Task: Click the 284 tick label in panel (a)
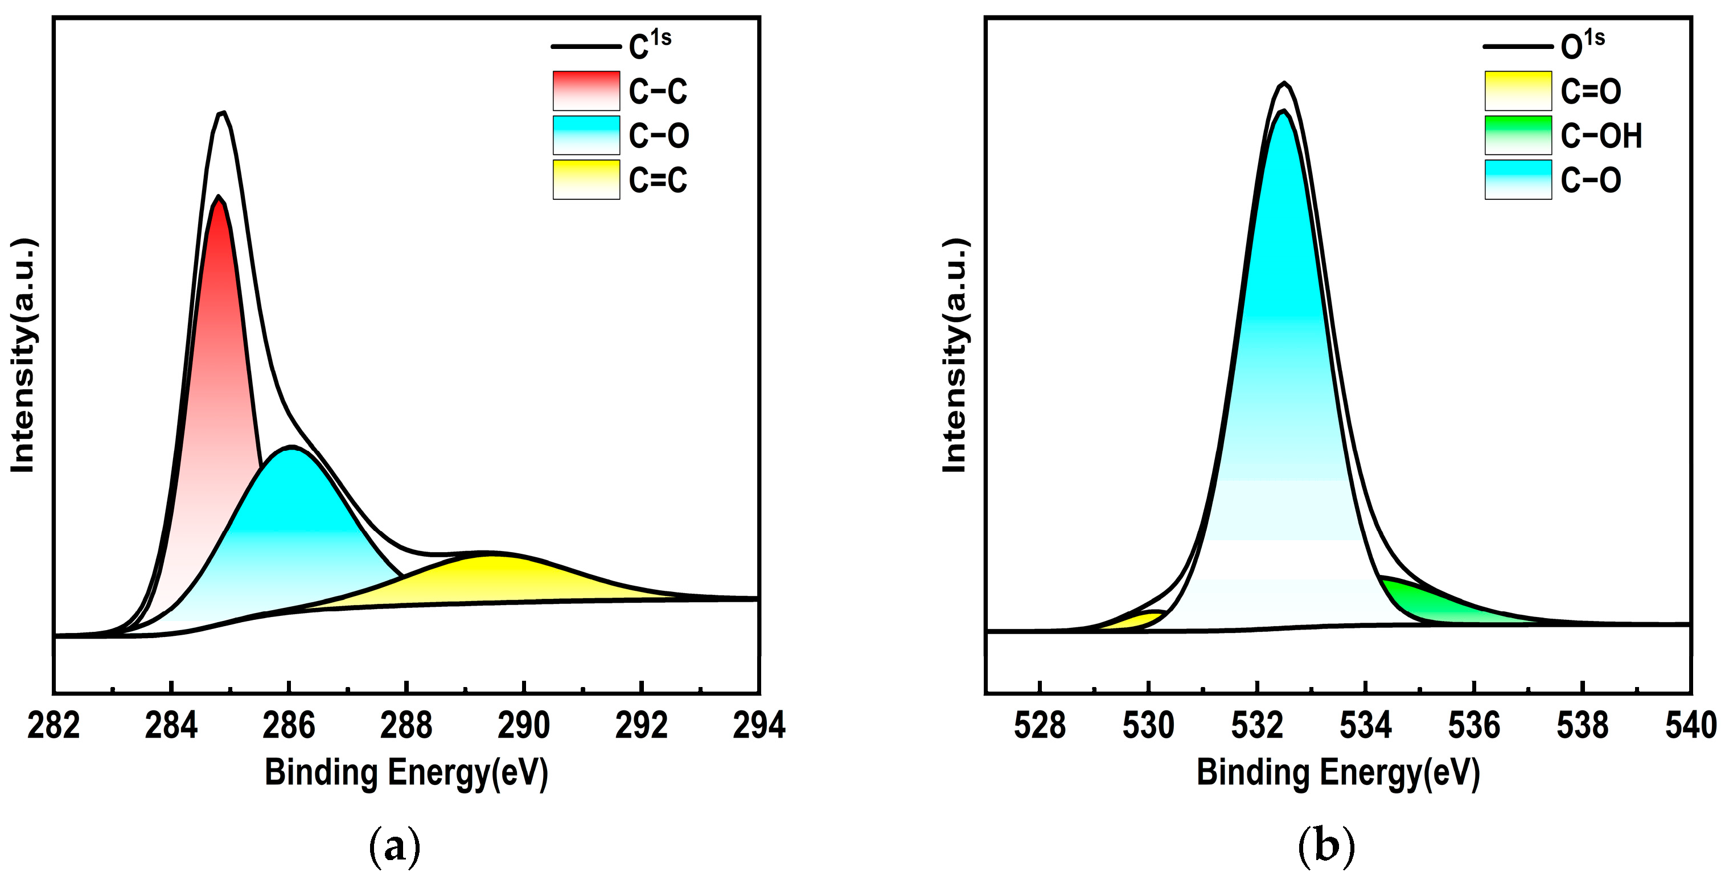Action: pos(171,726)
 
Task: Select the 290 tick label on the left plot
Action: pos(524,726)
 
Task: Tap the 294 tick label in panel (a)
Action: pos(759,726)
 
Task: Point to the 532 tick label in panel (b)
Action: pos(1257,726)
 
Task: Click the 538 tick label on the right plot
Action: pos(1583,726)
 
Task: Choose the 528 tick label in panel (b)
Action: pos(1040,726)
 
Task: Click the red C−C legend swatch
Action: pos(586,91)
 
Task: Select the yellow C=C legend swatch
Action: pos(586,179)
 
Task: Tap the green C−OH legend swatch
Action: pos(1518,135)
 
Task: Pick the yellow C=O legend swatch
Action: pos(1518,91)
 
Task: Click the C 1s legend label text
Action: pos(650,44)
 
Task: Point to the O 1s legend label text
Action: pos(1582,44)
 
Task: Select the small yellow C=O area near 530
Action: pos(1134,622)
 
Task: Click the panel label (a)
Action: pos(395,846)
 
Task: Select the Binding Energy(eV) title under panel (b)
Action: pos(1338,772)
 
